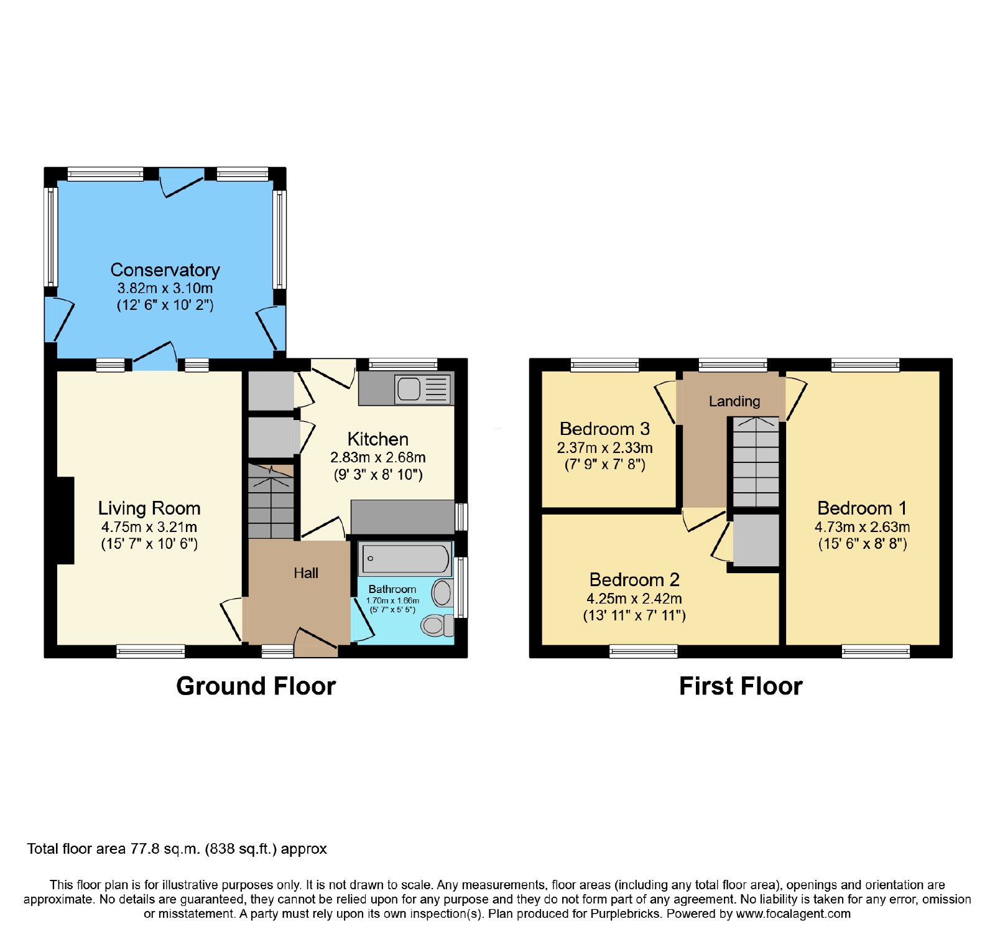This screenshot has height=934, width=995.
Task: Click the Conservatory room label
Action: [x=165, y=270]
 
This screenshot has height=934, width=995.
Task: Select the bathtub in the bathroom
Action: [x=405, y=558]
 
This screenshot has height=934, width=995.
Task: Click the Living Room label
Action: [x=149, y=508]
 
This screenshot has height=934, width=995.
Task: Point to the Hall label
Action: [x=306, y=573]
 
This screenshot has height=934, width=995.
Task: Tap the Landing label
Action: [x=734, y=401]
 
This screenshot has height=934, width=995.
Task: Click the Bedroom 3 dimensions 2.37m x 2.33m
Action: [x=604, y=448]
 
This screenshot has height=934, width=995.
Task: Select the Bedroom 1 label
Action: [x=862, y=508]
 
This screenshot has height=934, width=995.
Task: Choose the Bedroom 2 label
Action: [x=634, y=580]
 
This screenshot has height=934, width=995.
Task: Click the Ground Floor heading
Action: [x=256, y=686]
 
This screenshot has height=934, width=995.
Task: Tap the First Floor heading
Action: [x=741, y=686]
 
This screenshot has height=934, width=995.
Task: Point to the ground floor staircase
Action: [x=271, y=502]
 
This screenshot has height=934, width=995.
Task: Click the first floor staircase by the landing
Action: [x=756, y=462]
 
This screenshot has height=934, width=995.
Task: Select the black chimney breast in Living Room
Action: [x=65, y=521]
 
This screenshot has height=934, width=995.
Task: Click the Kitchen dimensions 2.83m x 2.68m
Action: [x=378, y=458]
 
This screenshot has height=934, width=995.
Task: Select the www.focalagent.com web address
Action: [x=793, y=914]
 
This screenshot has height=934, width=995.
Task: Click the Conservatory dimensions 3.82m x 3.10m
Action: [x=165, y=289]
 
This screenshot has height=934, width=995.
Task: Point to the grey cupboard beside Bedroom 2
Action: [x=756, y=540]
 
